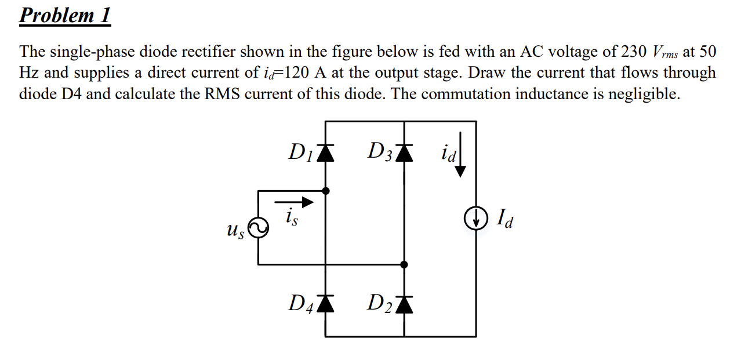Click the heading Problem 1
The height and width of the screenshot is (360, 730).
pos(64,15)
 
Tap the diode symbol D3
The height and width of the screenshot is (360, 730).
pos(405,152)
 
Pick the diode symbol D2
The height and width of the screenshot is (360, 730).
pos(405,303)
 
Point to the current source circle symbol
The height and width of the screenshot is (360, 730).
pos(477,219)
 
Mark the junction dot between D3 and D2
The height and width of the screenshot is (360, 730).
pos(405,264)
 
